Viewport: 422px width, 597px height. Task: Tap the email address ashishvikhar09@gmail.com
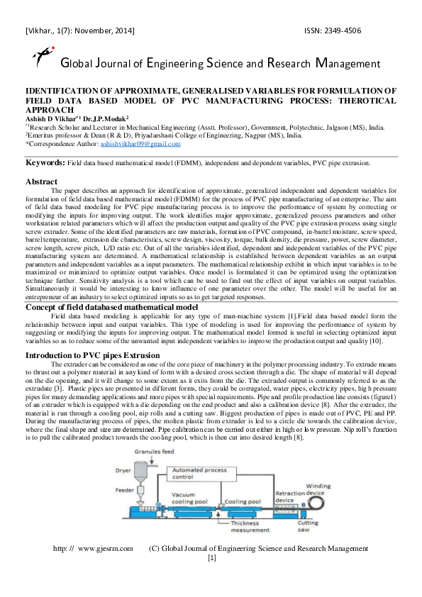point(140,143)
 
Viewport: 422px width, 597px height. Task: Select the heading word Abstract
point(42,182)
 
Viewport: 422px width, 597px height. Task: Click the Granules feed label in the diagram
point(157,452)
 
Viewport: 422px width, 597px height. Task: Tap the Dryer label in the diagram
point(123,469)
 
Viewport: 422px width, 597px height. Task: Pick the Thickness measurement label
point(246,527)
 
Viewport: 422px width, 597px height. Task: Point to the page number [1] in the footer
point(211,557)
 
